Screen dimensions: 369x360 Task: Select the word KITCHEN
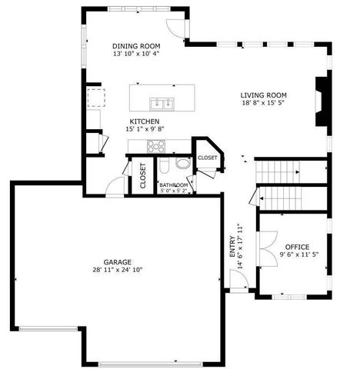pyautogui.click(x=144, y=122)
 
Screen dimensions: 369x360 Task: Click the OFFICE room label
pyautogui.click(x=297, y=247)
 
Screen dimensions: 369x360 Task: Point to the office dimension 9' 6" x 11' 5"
pyautogui.click(x=297, y=255)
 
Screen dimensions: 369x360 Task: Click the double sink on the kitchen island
pyautogui.click(x=162, y=103)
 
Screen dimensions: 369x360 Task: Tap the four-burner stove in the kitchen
pyautogui.click(x=156, y=145)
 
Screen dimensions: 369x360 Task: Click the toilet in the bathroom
pyautogui.click(x=182, y=164)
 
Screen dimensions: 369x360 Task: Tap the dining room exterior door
pyautogui.click(x=177, y=26)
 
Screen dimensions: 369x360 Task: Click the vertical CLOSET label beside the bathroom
pyautogui.click(x=143, y=176)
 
